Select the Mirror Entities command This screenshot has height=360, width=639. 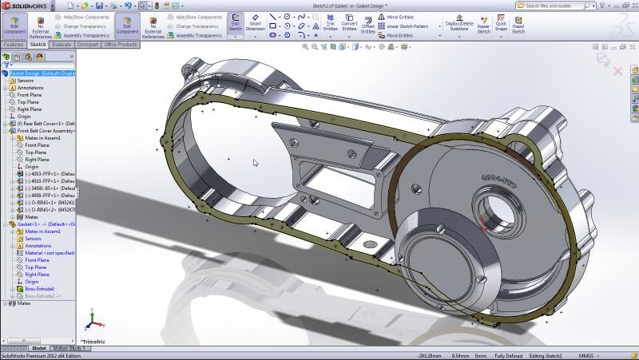399,16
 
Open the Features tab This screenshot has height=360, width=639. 14,45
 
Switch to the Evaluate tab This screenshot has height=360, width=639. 62,45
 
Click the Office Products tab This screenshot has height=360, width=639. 121,45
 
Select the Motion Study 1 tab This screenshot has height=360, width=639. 69,349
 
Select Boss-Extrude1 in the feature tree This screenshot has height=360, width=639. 39,288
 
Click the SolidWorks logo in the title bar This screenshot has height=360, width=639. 24,6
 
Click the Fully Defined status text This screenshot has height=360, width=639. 509,355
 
